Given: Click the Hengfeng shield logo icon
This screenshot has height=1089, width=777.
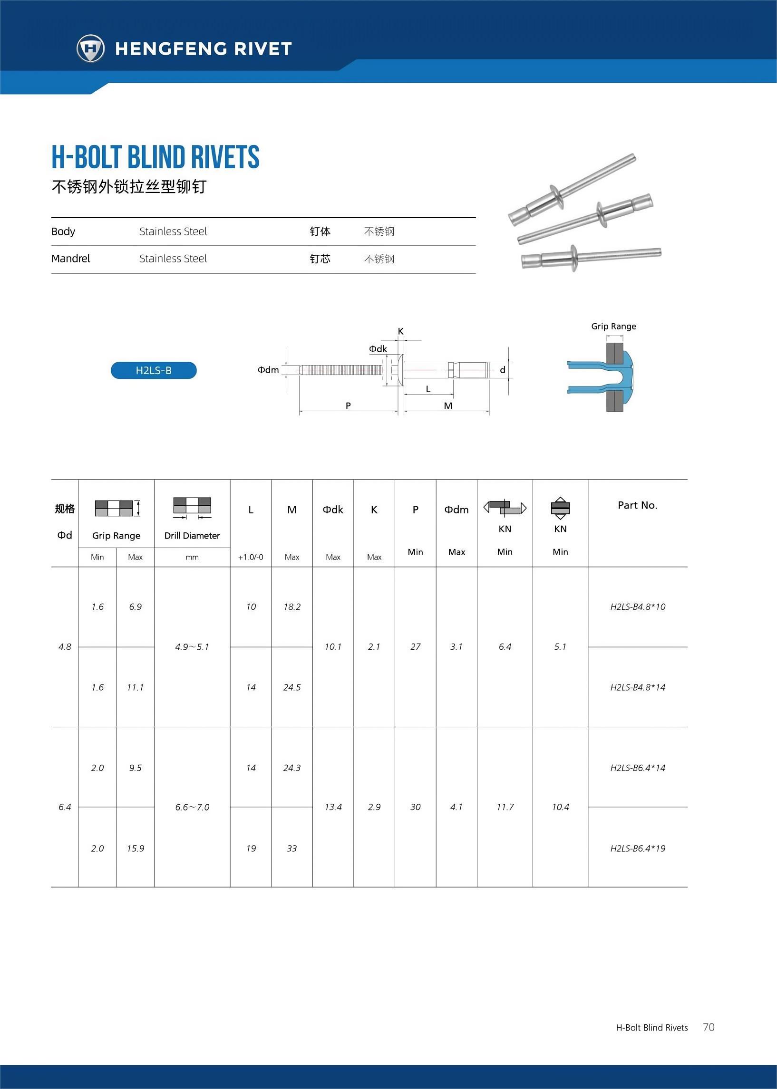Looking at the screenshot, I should click(90, 48).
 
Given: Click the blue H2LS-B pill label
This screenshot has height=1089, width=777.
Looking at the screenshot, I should click(154, 370).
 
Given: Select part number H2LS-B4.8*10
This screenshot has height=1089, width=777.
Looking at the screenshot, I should click(637, 607).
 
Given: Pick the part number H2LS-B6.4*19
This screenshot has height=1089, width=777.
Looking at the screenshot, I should click(637, 848).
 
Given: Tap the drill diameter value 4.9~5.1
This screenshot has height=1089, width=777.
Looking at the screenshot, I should click(192, 647).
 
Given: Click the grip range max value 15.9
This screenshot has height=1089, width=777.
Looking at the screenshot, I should click(136, 848).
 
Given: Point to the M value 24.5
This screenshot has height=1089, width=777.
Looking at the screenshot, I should click(292, 687).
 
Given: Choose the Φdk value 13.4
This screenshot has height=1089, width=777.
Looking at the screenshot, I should click(333, 807).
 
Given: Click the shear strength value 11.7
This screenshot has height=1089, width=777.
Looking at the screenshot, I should click(505, 807).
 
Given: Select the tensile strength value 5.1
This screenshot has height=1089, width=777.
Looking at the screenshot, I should click(560, 647).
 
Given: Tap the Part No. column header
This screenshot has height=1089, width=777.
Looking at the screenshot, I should click(637, 505).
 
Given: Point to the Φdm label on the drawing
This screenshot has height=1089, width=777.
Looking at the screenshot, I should click(268, 370).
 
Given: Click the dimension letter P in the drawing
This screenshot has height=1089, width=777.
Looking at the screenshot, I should click(348, 405).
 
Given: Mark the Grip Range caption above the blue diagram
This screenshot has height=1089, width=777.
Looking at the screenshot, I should click(613, 326).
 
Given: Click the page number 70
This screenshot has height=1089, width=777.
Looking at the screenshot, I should click(709, 1027).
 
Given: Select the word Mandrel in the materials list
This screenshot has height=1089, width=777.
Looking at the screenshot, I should click(71, 259).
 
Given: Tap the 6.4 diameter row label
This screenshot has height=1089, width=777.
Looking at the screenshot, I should click(65, 807).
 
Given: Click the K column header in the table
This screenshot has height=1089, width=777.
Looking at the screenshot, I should click(374, 510).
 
